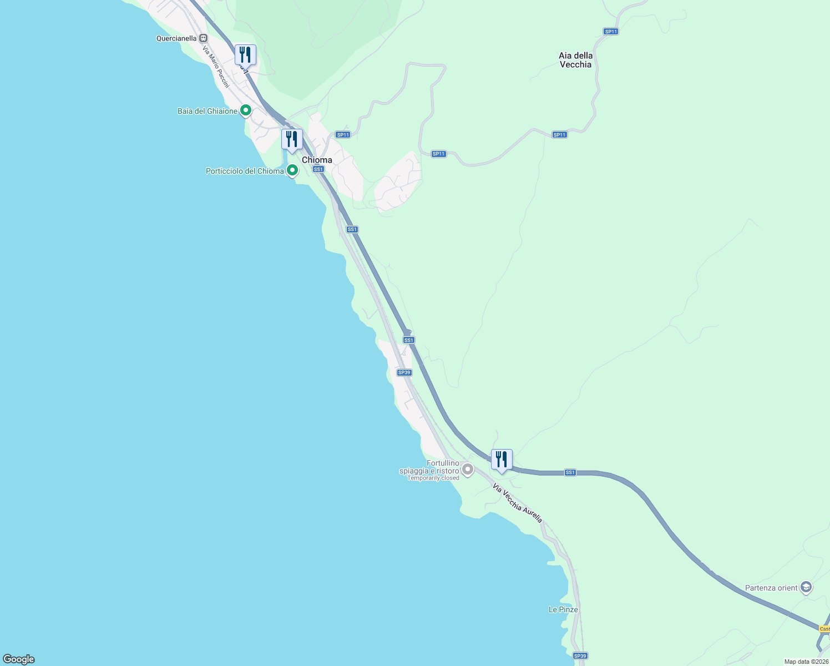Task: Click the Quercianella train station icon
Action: pos(204,38)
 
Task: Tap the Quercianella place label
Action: pos(176,38)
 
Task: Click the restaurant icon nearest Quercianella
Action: pos(245,55)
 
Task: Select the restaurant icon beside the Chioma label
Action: pos(292,139)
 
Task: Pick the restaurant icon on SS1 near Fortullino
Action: pos(502,460)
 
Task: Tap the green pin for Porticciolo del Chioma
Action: pos(292,170)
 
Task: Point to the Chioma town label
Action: pos(317,160)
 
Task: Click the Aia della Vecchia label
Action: pos(575,60)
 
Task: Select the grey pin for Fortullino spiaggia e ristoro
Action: pos(468,470)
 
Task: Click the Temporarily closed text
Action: pos(433,478)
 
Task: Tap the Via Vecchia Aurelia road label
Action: pos(517,503)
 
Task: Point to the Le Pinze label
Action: pos(563,609)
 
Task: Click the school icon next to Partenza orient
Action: pos(806,587)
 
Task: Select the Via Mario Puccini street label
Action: pos(216,67)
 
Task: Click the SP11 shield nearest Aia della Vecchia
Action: pos(611,32)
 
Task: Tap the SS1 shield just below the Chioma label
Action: pos(318,169)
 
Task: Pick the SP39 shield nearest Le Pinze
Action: pos(580,656)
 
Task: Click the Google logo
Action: pos(19,659)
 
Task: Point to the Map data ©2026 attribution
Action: pos(806,662)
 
